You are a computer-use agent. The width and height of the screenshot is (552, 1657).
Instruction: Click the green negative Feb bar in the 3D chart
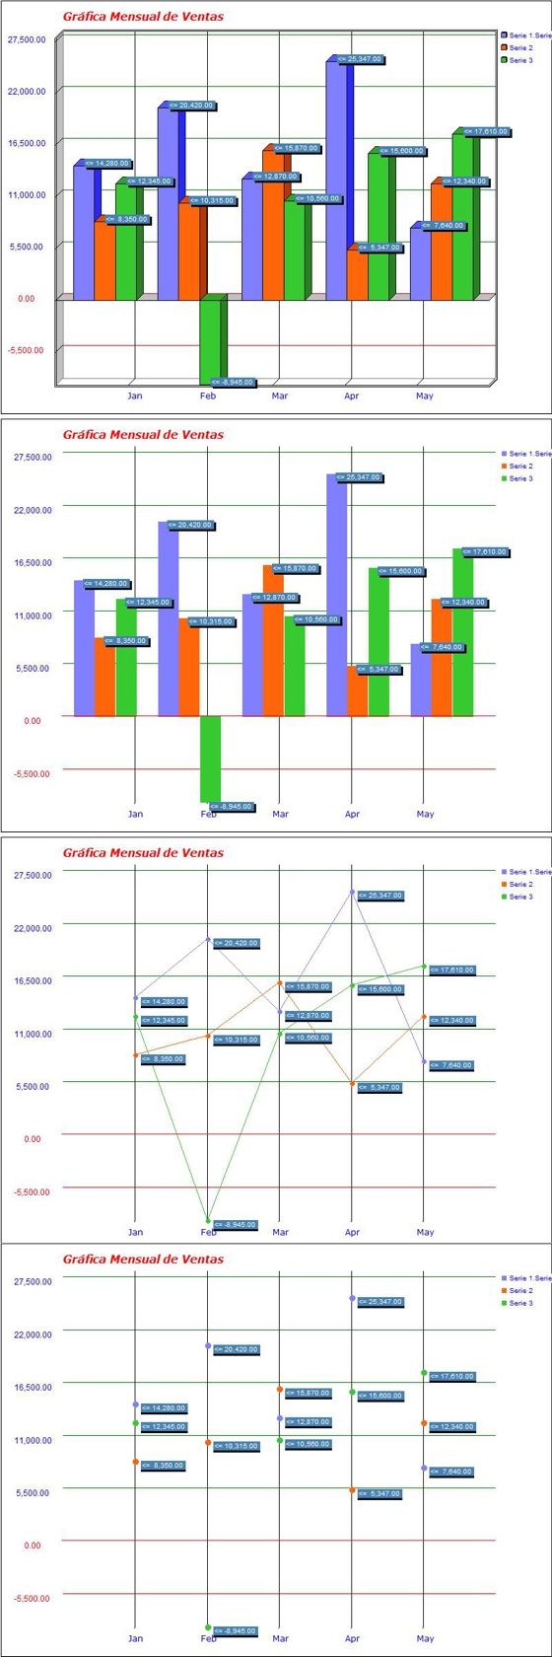click(210, 339)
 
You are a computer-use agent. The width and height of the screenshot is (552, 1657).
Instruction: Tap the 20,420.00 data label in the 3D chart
click(190, 106)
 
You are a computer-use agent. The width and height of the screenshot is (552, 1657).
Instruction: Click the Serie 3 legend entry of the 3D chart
click(520, 60)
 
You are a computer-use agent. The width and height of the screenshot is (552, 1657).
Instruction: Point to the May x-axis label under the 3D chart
click(425, 396)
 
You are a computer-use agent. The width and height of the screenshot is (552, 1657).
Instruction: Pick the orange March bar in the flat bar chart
click(273, 640)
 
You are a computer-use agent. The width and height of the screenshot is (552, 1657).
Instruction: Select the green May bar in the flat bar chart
click(462, 632)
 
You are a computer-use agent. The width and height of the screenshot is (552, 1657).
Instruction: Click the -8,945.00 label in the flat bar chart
click(232, 807)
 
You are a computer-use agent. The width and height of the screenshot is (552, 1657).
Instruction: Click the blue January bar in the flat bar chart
click(84, 648)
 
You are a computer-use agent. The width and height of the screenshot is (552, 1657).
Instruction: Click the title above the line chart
click(143, 852)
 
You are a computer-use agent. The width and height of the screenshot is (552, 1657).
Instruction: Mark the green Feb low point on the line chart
click(208, 1220)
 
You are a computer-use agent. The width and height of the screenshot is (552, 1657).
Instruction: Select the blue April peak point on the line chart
click(352, 892)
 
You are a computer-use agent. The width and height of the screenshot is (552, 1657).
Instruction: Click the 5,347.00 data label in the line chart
click(379, 1087)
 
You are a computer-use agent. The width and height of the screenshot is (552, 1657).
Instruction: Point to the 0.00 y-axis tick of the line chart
click(33, 1139)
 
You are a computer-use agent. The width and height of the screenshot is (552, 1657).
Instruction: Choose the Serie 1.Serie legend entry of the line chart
click(528, 872)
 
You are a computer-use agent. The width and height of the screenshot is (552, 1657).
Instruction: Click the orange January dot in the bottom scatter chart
click(135, 1462)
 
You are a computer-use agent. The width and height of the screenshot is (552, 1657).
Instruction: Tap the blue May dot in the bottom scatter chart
click(424, 1468)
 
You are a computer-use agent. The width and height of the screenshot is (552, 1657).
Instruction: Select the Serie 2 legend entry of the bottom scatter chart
click(520, 1290)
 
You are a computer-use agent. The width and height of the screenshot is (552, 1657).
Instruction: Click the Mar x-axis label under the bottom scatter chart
click(281, 1638)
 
